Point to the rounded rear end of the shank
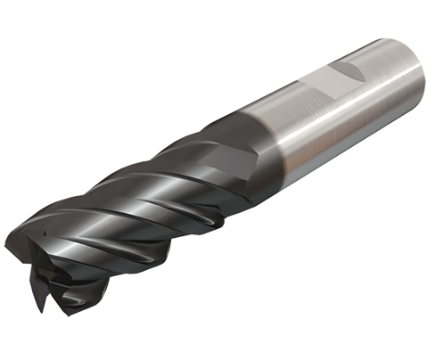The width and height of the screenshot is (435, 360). (414, 71)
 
